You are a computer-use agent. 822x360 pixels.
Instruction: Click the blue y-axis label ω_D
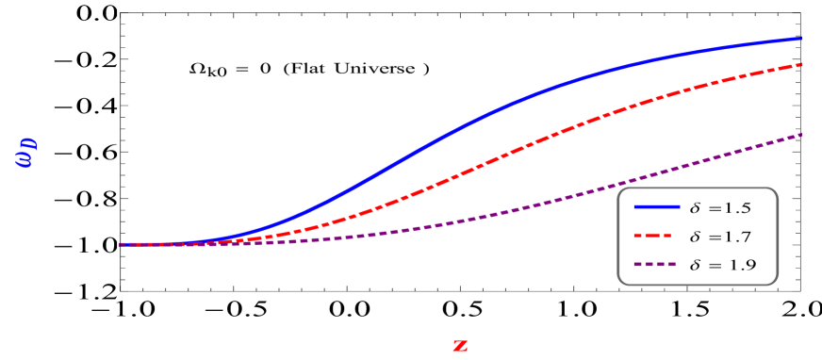click(25, 153)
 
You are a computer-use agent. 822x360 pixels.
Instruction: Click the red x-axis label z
click(460, 345)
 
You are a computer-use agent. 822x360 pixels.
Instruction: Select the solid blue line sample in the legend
click(656, 206)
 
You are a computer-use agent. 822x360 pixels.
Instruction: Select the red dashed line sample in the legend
click(656, 237)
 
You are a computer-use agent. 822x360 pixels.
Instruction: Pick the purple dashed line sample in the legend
click(656, 266)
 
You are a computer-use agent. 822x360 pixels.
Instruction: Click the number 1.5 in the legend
click(739, 206)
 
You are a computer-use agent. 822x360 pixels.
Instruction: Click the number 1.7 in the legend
click(739, 237)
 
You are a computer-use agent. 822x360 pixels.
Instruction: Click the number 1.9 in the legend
click(742, 266)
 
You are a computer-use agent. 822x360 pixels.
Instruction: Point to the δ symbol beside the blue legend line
click(696, 206)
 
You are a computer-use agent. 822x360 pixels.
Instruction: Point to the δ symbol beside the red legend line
click(696, 237)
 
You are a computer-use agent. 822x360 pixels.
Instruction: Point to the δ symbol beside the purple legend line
click(696, 266)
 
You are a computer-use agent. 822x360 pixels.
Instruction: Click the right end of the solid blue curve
click(800, 39)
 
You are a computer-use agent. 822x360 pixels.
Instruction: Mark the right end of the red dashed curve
click(800, 65)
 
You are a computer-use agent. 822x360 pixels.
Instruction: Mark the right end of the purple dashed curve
click(800, 135)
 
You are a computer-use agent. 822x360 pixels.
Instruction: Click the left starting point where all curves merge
click(122, 244)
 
